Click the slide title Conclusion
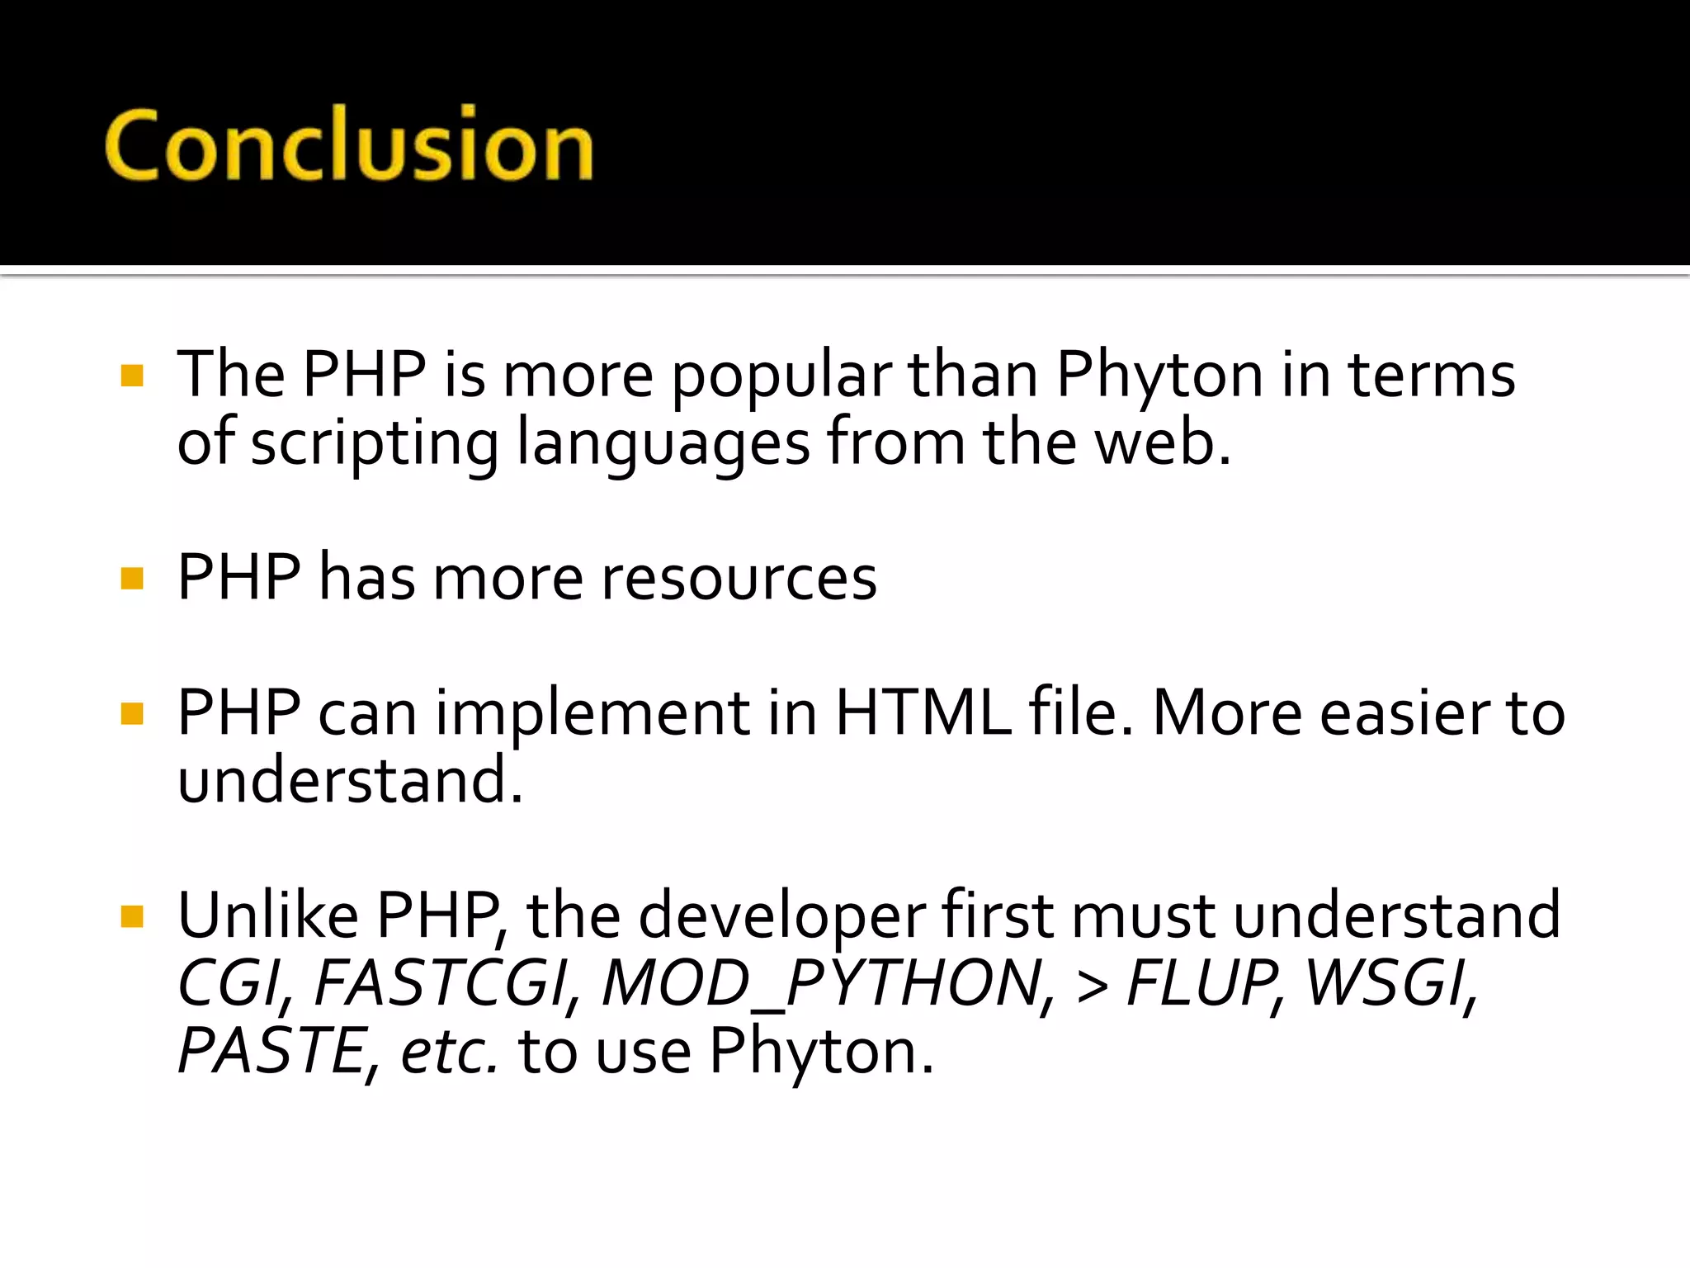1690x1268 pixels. click(x=348, y=145)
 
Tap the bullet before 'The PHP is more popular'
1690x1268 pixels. click(x=132, y=376)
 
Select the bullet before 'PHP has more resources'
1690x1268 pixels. click(x=132, y=579)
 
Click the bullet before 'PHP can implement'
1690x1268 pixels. click(x=132, y=713)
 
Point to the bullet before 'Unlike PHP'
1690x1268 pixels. click(x=132, y=916)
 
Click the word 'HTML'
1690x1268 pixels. click(x=922, y=713)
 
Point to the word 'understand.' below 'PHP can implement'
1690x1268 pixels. click(x=350, y=780)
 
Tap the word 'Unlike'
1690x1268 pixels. click(x=268, y=916)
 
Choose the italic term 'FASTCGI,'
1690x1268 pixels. click(x=446, y=984)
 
